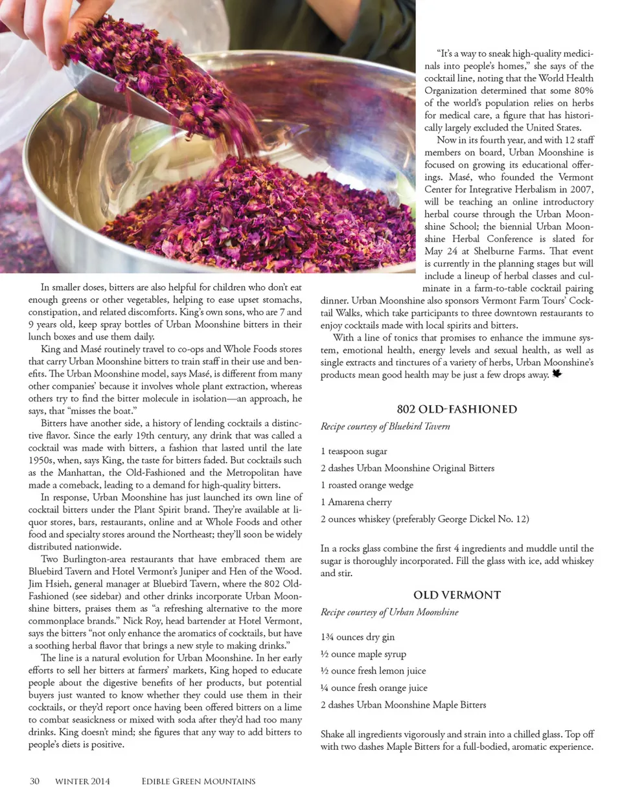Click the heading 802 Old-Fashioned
[x=457, y=409]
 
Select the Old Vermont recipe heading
[x=457, y=595]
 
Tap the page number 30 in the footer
[x=34, y=781]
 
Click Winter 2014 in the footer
[x=82, y=781]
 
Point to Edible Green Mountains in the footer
[x=198, y=781]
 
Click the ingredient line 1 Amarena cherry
[x=356, y=502]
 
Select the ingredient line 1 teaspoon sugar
[x=354, y=451]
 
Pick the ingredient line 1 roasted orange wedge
[x=367, y=485]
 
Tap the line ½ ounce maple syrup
[x=363, y=654]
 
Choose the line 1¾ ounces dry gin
[x=358, y=637]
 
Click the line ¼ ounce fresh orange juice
[x=374, y=688]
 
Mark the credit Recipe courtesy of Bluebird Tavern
[x=385, y=427]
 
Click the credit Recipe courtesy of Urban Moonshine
[x=389, y=612]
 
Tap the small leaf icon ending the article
[x=557, y=374]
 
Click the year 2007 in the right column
[x=581, y=189]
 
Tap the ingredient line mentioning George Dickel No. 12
[x=424, y=519]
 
